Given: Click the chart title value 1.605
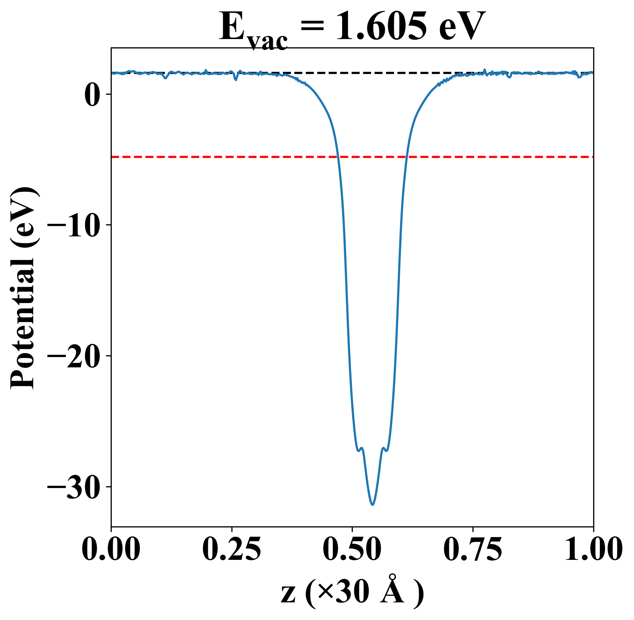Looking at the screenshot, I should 381,26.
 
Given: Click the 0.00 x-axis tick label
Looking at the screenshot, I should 111,549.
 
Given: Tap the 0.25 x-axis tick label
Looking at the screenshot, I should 231,549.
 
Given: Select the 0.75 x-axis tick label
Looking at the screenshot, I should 472,549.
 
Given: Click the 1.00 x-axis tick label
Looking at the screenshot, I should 593,549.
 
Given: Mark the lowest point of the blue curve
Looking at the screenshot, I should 373,505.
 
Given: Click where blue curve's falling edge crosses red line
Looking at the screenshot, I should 338,157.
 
